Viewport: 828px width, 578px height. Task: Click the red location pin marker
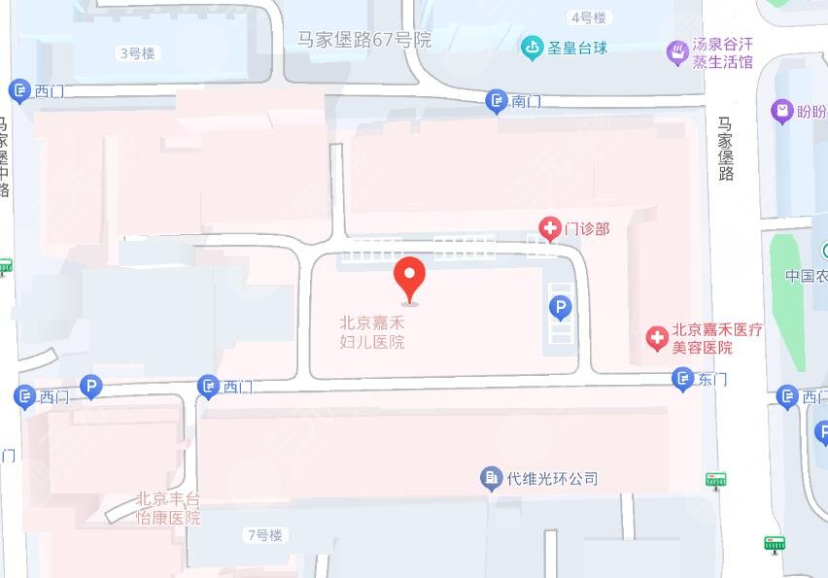tap(409, 278)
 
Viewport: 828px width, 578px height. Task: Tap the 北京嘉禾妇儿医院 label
tap(372, 332)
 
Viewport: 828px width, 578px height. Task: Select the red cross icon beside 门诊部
tap(550, 229)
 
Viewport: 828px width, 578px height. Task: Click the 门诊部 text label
tap(588, 229)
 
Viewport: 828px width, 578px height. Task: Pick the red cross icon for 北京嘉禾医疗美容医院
tap(658, 338)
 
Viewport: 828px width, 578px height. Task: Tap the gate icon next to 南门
tap(497, 100)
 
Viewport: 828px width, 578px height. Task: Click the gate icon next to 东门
tap(683, 379)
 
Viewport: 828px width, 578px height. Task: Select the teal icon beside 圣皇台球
tap(532, 47)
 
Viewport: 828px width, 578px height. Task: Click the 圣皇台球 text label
tap(577, 47)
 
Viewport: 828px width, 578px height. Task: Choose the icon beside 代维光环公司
tap(492, 478)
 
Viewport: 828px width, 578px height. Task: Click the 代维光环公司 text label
tap(552, 478)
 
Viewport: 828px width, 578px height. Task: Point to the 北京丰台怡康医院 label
tap(168, 508)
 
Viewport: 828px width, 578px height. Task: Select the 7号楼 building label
tap(263, 534)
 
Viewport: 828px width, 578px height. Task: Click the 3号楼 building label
tap(136, 53)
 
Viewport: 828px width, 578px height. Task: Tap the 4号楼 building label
tap(588, 17)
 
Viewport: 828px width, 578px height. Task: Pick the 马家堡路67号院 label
tap(364, 40)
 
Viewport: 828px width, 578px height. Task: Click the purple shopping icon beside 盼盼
tap(781, 112)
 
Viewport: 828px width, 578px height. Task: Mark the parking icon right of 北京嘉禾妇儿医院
tap(560, 309)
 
